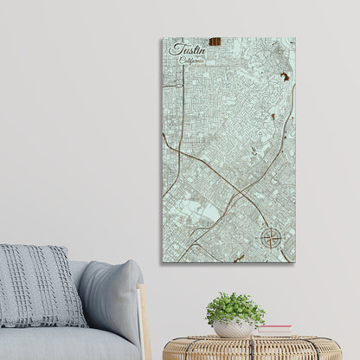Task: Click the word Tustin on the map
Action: click(x=184, y=50)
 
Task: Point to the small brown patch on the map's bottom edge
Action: click(x=240, y=257)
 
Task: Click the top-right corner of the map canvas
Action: click(x=294, y=38)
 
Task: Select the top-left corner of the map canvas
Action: click(x=161, y=38)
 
